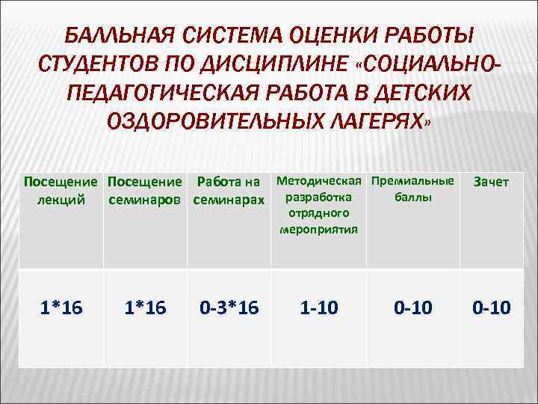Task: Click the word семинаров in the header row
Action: [x=147, y=200]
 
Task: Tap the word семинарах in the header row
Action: [x=229, y=200]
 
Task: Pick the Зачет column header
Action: [x=491, y=183]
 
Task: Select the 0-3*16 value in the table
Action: [x=229, y=307]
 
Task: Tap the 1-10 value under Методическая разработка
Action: [x=319, y=307]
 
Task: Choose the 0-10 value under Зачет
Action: [x=491, y=307]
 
